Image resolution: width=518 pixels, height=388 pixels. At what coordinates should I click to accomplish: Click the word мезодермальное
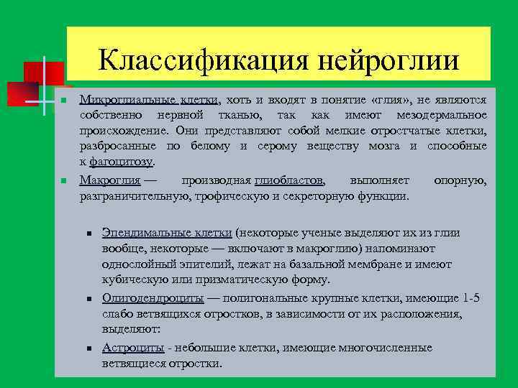point(442,116)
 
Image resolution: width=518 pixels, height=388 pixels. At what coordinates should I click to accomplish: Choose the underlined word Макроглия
point(109,179)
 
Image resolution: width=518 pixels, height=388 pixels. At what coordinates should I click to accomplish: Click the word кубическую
point(135,280)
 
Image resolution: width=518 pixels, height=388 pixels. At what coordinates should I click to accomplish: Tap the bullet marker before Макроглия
point(64,180)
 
